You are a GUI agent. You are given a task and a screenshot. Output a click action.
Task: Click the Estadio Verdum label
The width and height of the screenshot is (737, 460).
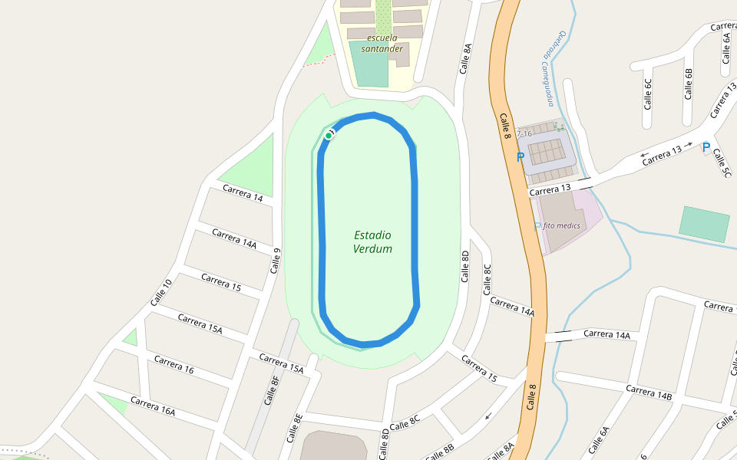click(x=373, y=242)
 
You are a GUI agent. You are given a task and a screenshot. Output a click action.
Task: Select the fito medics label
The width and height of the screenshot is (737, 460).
click(x=561, y=225)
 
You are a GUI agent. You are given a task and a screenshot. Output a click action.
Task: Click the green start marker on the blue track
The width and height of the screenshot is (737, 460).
click(x=328, y=136)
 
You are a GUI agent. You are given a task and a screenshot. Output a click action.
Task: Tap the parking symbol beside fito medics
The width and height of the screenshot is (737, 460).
click(x=537, y=226)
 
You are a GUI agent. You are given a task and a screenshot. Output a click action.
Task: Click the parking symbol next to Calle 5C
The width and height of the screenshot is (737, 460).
click(x=706, y=147)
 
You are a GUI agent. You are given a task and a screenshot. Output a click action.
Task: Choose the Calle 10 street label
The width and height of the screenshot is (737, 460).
click(x=161, y=292)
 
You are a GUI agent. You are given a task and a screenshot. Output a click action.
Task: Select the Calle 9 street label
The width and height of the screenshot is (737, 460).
click(x=276, y=261)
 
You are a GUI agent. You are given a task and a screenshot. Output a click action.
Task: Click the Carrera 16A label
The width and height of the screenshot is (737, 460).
click(x=153, y=406)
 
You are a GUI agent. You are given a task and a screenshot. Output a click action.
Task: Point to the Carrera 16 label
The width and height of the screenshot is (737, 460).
click(x=174, y=365)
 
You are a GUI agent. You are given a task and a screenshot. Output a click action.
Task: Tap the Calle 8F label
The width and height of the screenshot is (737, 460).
click(x=272, y=389)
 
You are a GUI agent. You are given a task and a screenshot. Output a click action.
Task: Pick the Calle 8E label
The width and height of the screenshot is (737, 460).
click(x=295, y=428)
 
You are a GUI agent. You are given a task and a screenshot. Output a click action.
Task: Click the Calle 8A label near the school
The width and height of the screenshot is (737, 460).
click(x=465, y=58)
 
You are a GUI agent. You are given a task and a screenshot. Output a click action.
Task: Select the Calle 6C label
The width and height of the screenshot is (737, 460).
click(x=648, y=94)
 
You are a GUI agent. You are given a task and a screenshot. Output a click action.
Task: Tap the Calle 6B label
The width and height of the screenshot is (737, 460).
click(x=688, y=84)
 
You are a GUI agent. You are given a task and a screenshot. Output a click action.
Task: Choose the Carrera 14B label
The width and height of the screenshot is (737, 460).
click(x=649, y=393)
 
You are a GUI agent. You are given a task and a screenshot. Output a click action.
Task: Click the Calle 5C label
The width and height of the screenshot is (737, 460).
click(x=722, y=163)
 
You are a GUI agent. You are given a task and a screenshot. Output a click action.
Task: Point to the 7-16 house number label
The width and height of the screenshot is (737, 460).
click(x=524, y=134)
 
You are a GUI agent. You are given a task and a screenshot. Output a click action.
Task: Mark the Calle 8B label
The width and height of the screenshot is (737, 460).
click(x=439, y=451)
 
